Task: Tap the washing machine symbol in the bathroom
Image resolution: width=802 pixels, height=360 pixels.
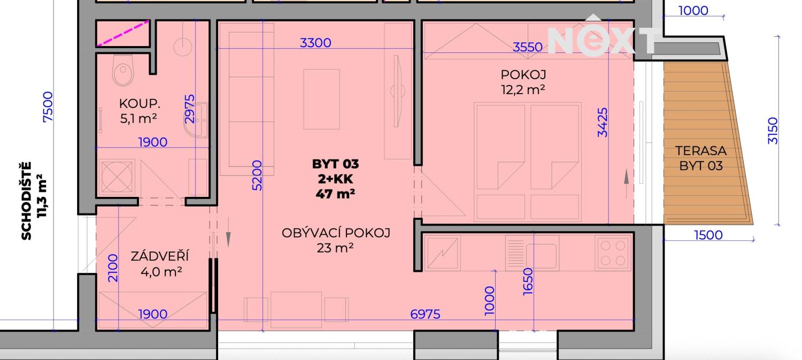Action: coord(117,176)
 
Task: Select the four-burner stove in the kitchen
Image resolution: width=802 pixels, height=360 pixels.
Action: coord(613,253)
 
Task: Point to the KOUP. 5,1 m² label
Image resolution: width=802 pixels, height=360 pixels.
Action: coord(138,111)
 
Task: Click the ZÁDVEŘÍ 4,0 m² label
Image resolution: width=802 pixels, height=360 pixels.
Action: coord(159,264)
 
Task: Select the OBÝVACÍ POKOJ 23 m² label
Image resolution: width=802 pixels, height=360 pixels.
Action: coord(336,240)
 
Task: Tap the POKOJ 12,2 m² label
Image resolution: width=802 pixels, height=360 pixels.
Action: coord(523,82)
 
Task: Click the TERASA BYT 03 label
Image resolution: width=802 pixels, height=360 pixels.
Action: coord(701,158)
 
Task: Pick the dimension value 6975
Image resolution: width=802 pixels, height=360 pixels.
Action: coord(425,314)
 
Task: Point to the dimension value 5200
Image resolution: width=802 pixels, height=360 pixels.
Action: coord(257,175)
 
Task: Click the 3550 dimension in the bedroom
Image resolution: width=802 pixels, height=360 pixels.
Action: coord(528,47)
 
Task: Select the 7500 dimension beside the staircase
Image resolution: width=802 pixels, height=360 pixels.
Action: coord(48,107)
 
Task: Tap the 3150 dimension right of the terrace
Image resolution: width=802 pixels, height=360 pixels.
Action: coord(773,131)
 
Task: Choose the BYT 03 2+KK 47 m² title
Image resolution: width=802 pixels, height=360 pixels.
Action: coord(335,179)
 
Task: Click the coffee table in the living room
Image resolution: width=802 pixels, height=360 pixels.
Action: coord(321,99)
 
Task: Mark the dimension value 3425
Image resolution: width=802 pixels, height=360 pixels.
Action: coord(603,122)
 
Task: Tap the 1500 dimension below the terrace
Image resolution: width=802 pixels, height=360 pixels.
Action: coord(708,234)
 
